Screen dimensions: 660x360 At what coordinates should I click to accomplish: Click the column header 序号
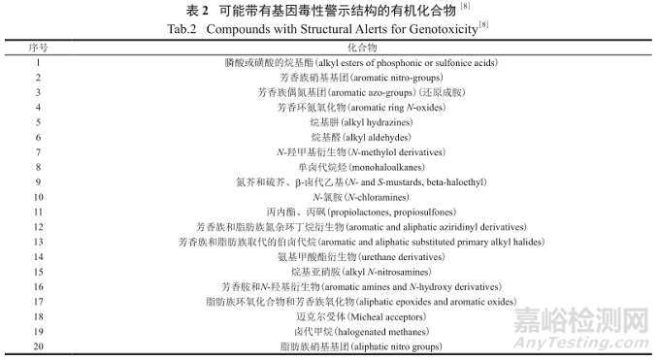[38, 47]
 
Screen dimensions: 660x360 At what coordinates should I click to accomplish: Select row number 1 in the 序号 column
[38, 62]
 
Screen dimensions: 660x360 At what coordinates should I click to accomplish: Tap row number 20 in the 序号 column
[38, 344]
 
